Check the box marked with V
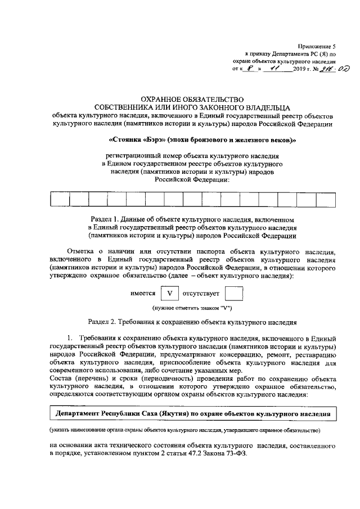pos(169,294)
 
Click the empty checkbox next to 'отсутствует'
pos(233,294)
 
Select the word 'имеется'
pos(143,294)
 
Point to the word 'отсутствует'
pos(201,294)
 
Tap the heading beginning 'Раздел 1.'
pos(192,218)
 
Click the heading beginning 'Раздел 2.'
pos(192,323)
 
